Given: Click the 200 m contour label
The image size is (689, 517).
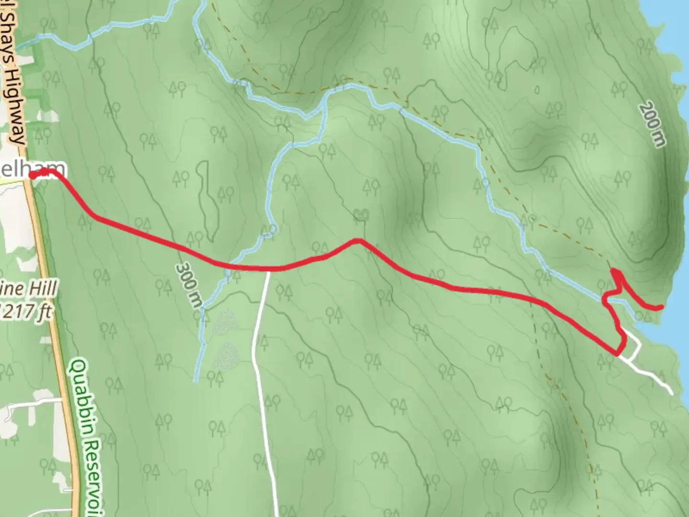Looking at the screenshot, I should tap(652, 124).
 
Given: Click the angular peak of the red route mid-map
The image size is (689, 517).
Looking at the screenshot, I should tap(357, 240).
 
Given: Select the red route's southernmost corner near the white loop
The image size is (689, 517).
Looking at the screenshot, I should tap(617, 354).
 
